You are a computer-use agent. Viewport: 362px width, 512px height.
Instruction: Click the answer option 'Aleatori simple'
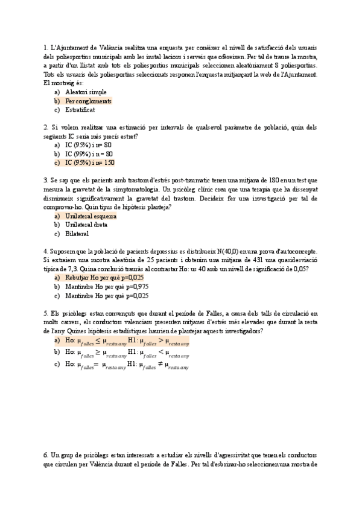click(x=86, y=92)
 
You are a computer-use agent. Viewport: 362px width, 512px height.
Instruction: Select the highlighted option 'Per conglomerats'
click(x=88, y=101)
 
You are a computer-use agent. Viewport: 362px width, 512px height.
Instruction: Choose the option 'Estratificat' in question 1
click(x=80, y=110)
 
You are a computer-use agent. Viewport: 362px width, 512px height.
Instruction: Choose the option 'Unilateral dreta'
click(x=86, y=225)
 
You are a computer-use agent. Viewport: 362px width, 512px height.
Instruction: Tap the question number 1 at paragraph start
click(x=45, y=48)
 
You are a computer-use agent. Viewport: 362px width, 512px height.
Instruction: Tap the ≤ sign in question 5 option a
click(x=98, y=341)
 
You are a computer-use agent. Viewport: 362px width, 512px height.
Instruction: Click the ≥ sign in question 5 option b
click(x=98, y=352)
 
